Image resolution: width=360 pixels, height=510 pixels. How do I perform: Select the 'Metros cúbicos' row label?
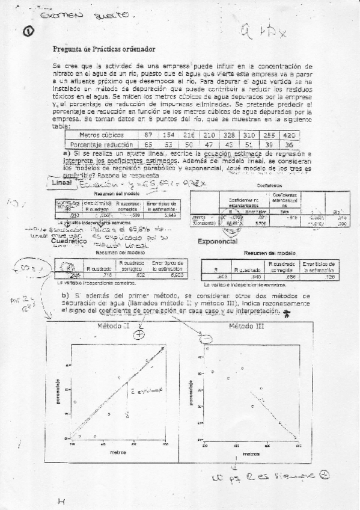[102, 135]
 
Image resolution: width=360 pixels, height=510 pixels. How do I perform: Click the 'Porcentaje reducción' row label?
[102, 144]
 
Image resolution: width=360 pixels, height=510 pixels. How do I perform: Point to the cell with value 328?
[228, 135]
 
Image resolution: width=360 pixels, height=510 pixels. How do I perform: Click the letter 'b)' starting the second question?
[66, 296]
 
